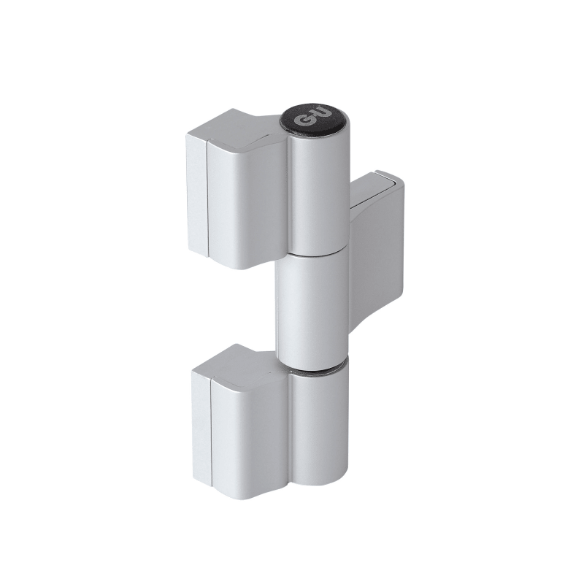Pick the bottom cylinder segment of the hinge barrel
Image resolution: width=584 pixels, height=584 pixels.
pos(320,425)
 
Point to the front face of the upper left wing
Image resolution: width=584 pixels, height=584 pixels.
pos(247,201)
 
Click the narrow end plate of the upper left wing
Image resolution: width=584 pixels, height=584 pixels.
pos(196,193)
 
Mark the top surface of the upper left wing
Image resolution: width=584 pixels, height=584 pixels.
pos(239,126)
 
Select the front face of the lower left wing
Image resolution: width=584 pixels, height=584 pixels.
pos(250,436)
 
